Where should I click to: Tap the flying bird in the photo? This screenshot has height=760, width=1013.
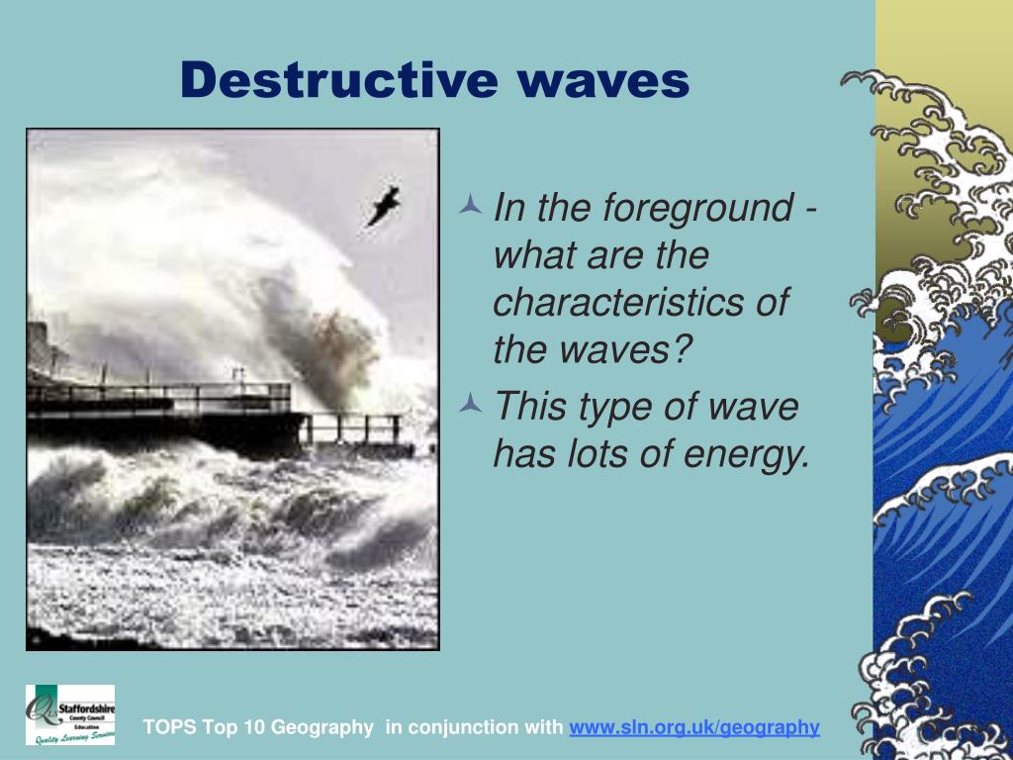tap(383, 205)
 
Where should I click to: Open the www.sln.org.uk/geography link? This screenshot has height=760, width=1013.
tap(694, 727)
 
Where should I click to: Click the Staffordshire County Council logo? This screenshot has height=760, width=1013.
tap(69, 713)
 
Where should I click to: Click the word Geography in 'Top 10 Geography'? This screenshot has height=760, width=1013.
tap(322, 727)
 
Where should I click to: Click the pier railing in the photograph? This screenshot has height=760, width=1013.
tap(158, 396)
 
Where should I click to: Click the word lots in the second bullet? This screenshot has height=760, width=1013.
tap(594, 454)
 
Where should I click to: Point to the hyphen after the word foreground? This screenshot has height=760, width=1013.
tap(810, 211)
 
